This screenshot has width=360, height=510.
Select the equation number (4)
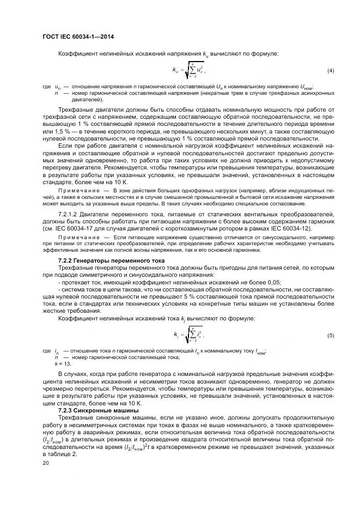click(x=331, y=71)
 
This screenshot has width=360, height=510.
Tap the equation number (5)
click(x=331, y=335)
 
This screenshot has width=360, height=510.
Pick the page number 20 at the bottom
click(x=46, y=462)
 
